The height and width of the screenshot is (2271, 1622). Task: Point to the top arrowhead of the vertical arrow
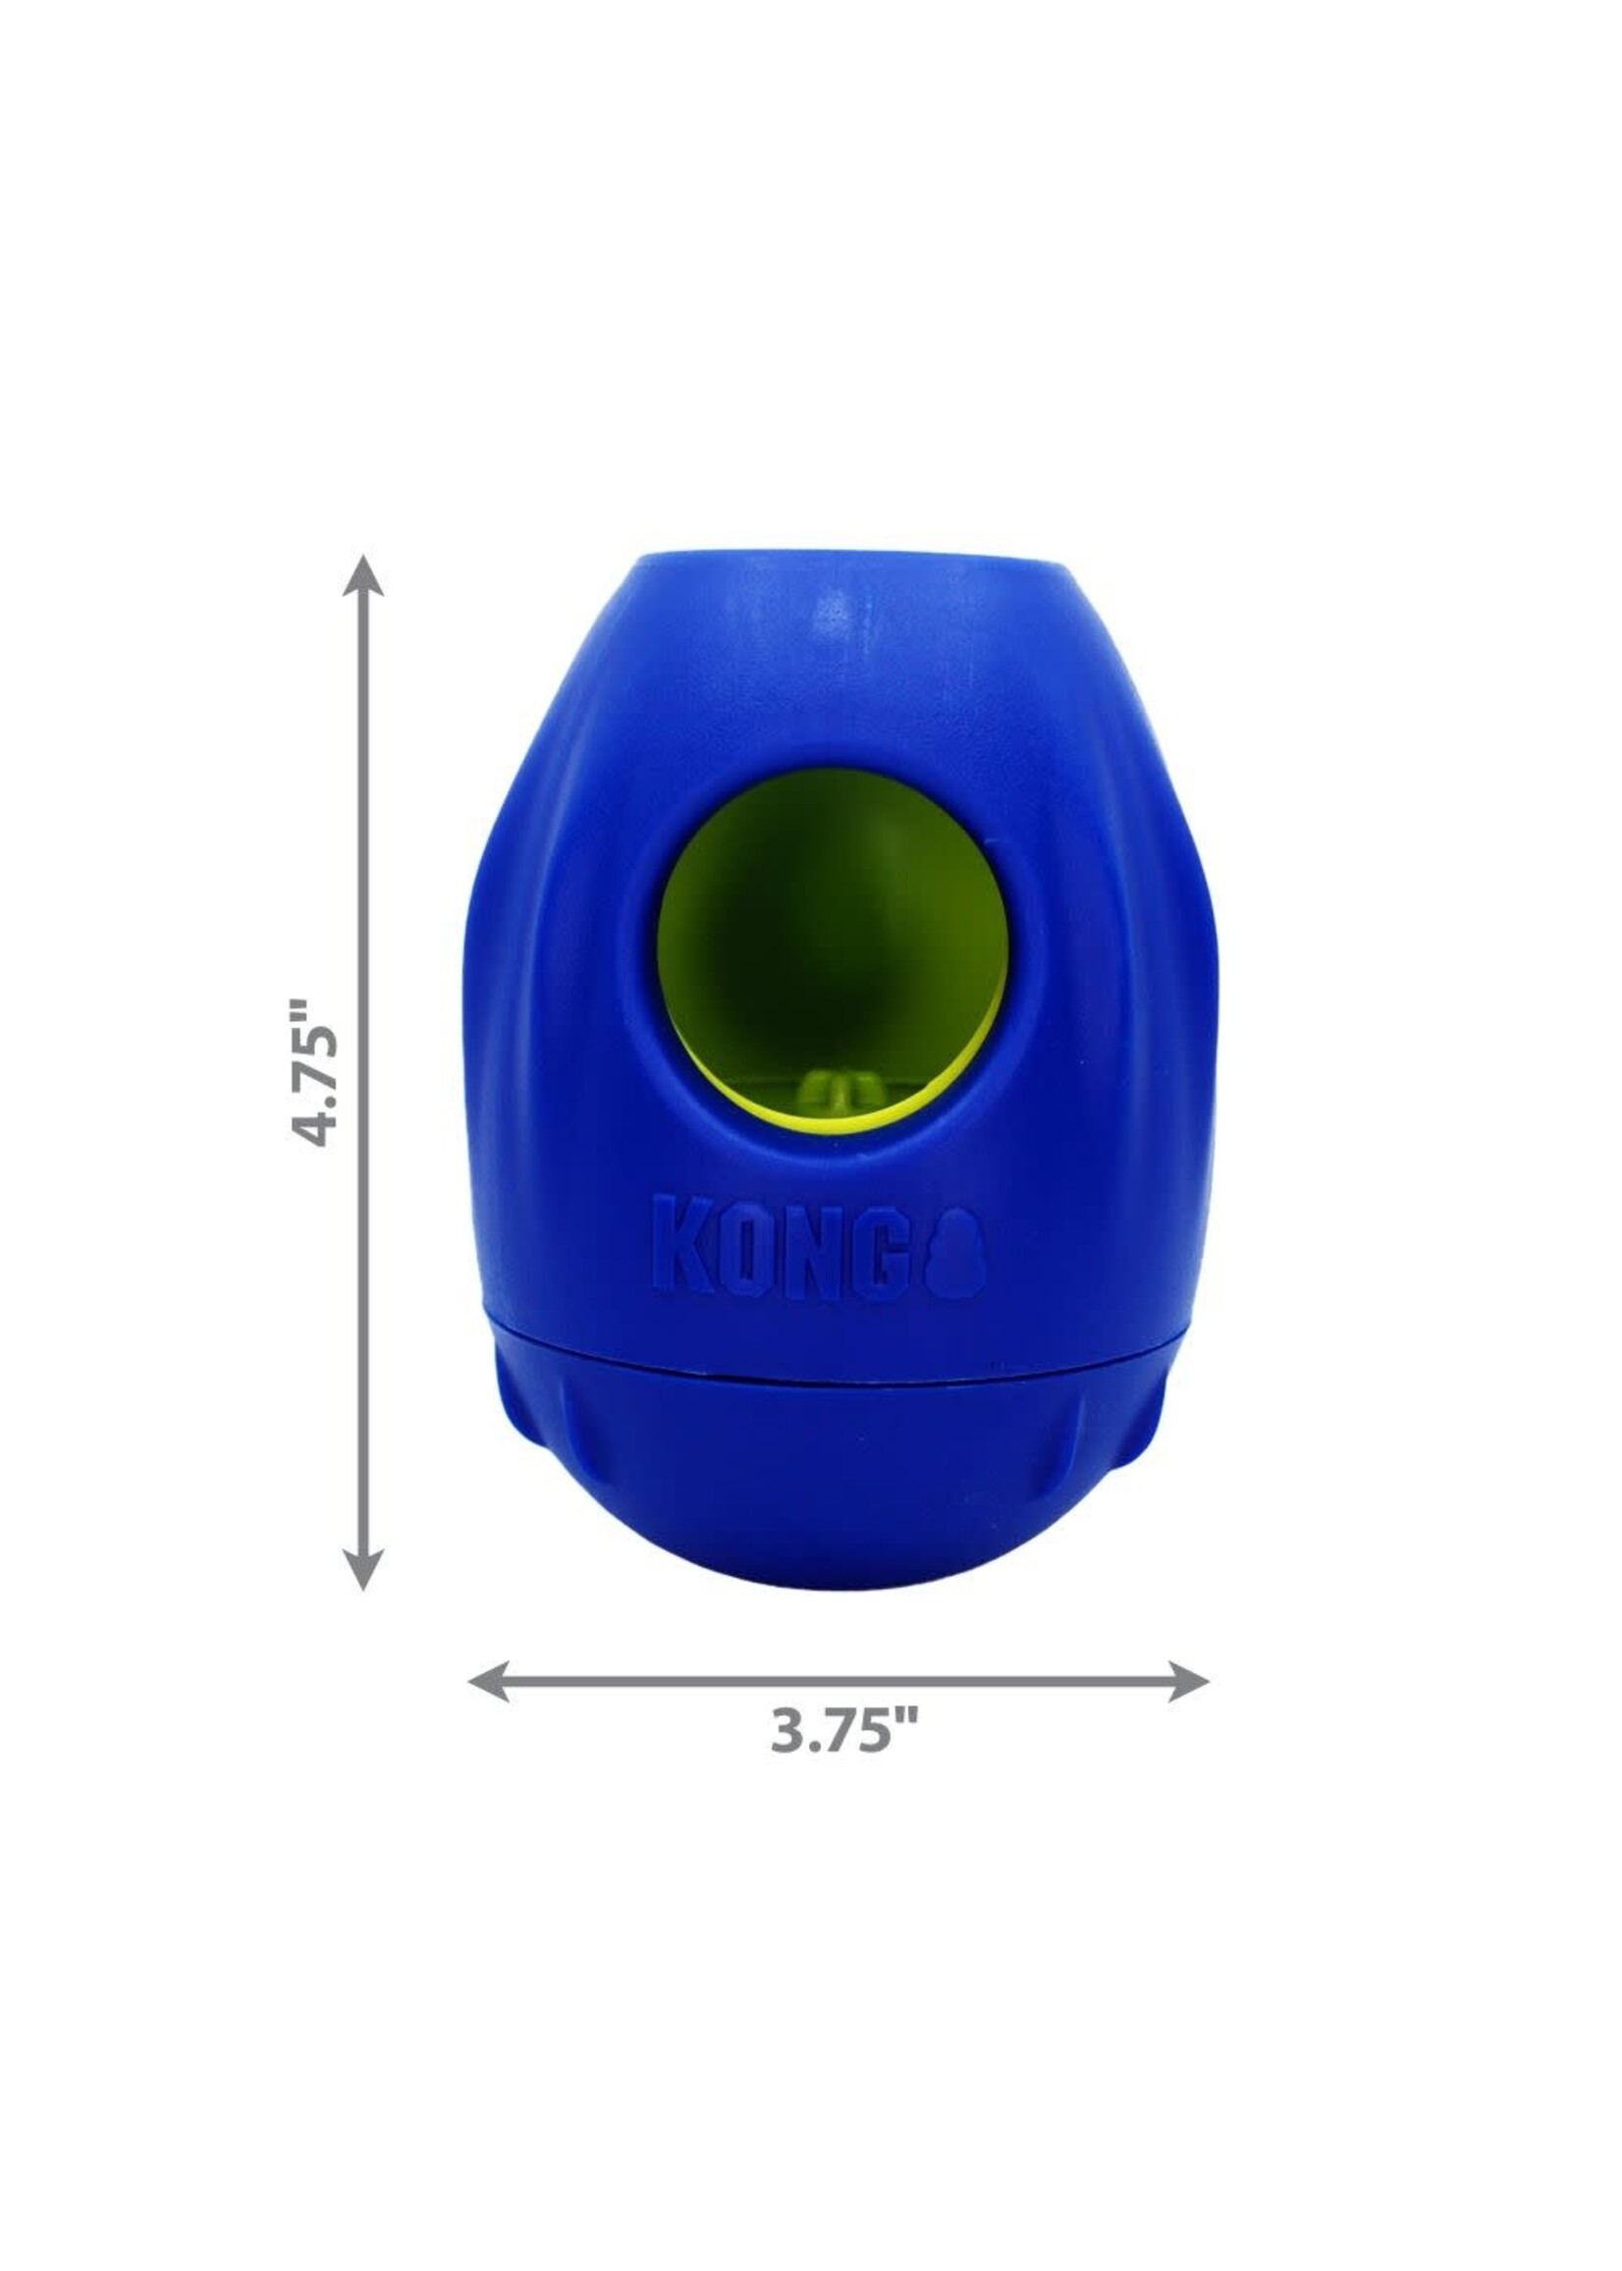point(362,576)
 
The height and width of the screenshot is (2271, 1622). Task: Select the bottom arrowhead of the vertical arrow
point(362,1569)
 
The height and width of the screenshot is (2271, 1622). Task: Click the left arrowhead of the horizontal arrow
point(489,1682)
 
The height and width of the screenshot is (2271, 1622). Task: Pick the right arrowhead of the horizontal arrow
point(1189,1682)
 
